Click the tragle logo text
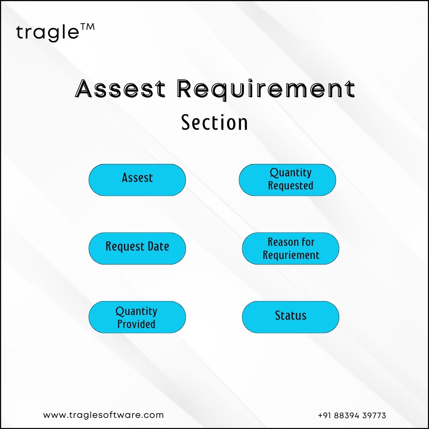[48, 33]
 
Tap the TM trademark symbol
[87, 27]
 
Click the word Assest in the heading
[120, 89]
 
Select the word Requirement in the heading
[266, 90]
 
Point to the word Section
[214, 122]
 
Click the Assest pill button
[137, 180]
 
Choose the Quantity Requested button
[287, 180]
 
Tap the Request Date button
[137, 248]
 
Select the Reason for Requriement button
[290, 248]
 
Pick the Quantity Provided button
[137, 317]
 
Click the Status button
[290, 317]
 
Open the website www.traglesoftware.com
[103, 415]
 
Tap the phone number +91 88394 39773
[352, 415]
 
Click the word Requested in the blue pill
[290, 186]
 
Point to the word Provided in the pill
[136, 324]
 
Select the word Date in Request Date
[158, 246]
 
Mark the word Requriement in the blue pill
[291, 255]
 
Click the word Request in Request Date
[125, 247]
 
